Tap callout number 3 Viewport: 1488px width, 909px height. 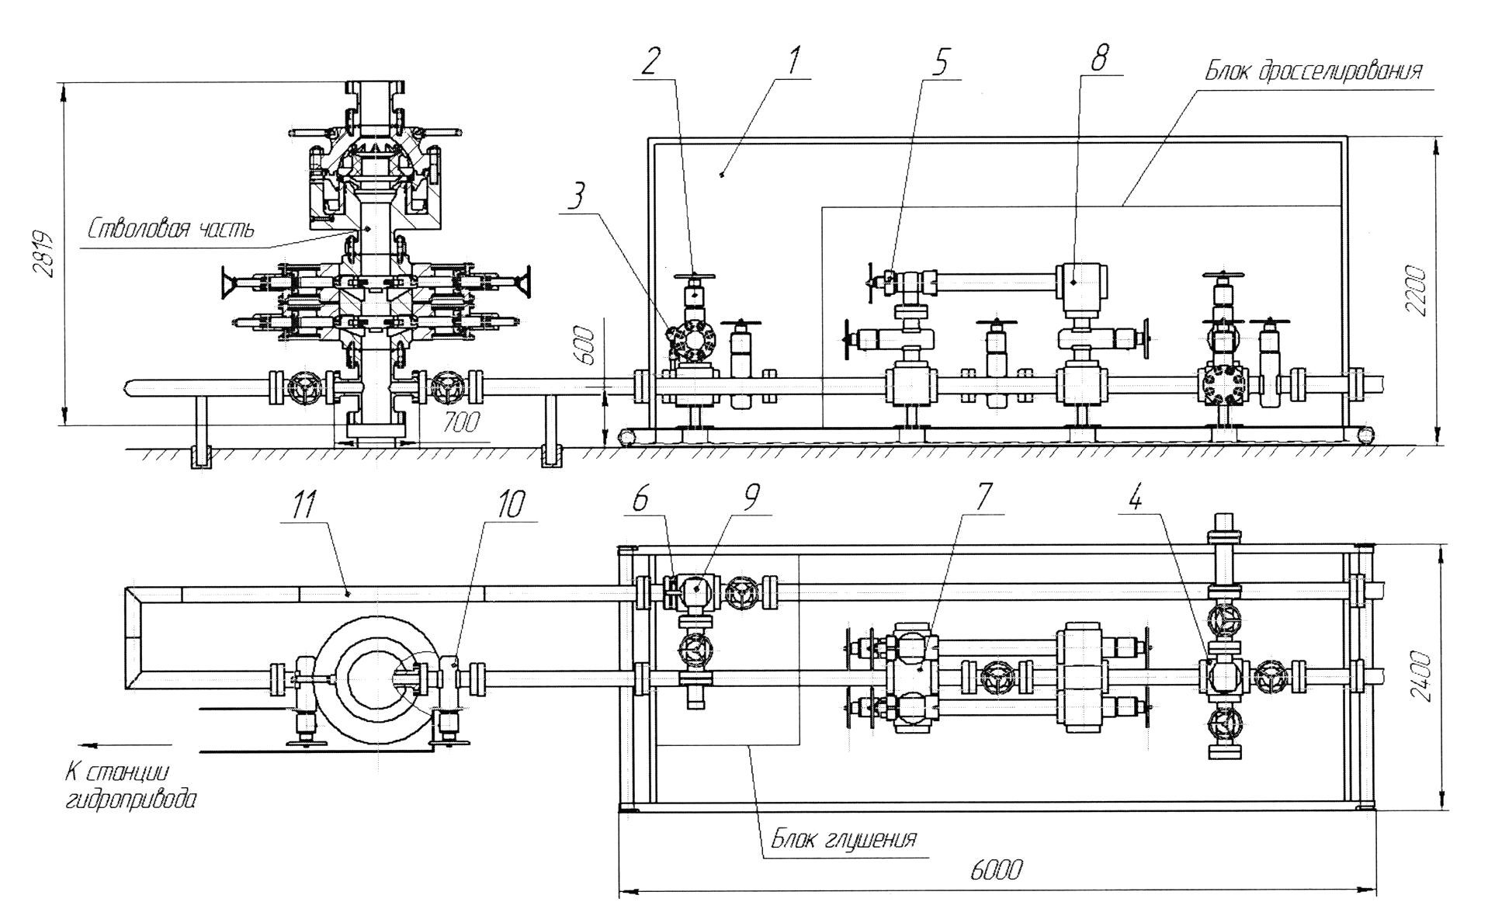(x=575, y=198)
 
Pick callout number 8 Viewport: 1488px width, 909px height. (x=1098, y=57)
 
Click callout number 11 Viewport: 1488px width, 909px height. (x=304, y=506)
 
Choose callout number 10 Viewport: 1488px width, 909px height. (x=510, y=505)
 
